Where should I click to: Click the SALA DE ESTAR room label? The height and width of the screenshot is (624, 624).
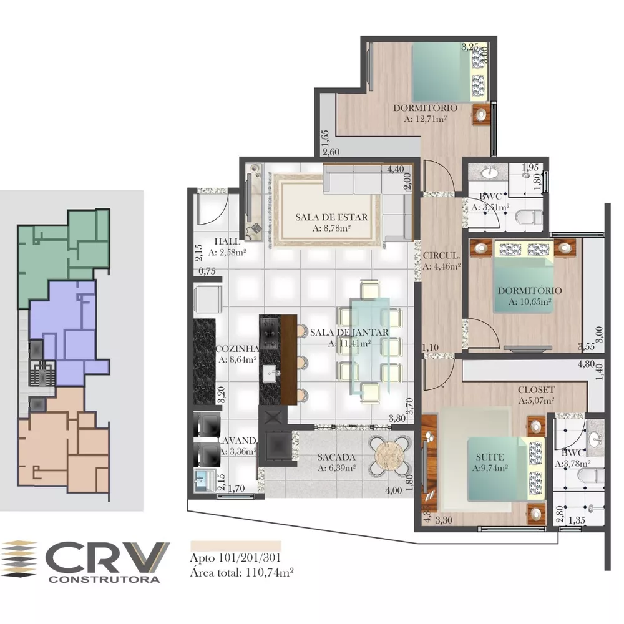point(331,217)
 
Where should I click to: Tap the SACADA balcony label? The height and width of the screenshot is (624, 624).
point(336,457)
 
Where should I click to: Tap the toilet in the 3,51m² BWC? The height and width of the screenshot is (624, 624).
point(529,217)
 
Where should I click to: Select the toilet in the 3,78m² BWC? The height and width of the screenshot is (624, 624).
point(590,475)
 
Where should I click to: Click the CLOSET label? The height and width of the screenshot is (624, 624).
point(536,390)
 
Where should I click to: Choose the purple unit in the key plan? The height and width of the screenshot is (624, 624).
point(69,331)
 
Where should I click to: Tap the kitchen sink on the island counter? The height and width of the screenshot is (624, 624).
point(272,374)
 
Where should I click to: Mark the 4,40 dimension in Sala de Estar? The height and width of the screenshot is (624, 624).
point(396,169)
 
